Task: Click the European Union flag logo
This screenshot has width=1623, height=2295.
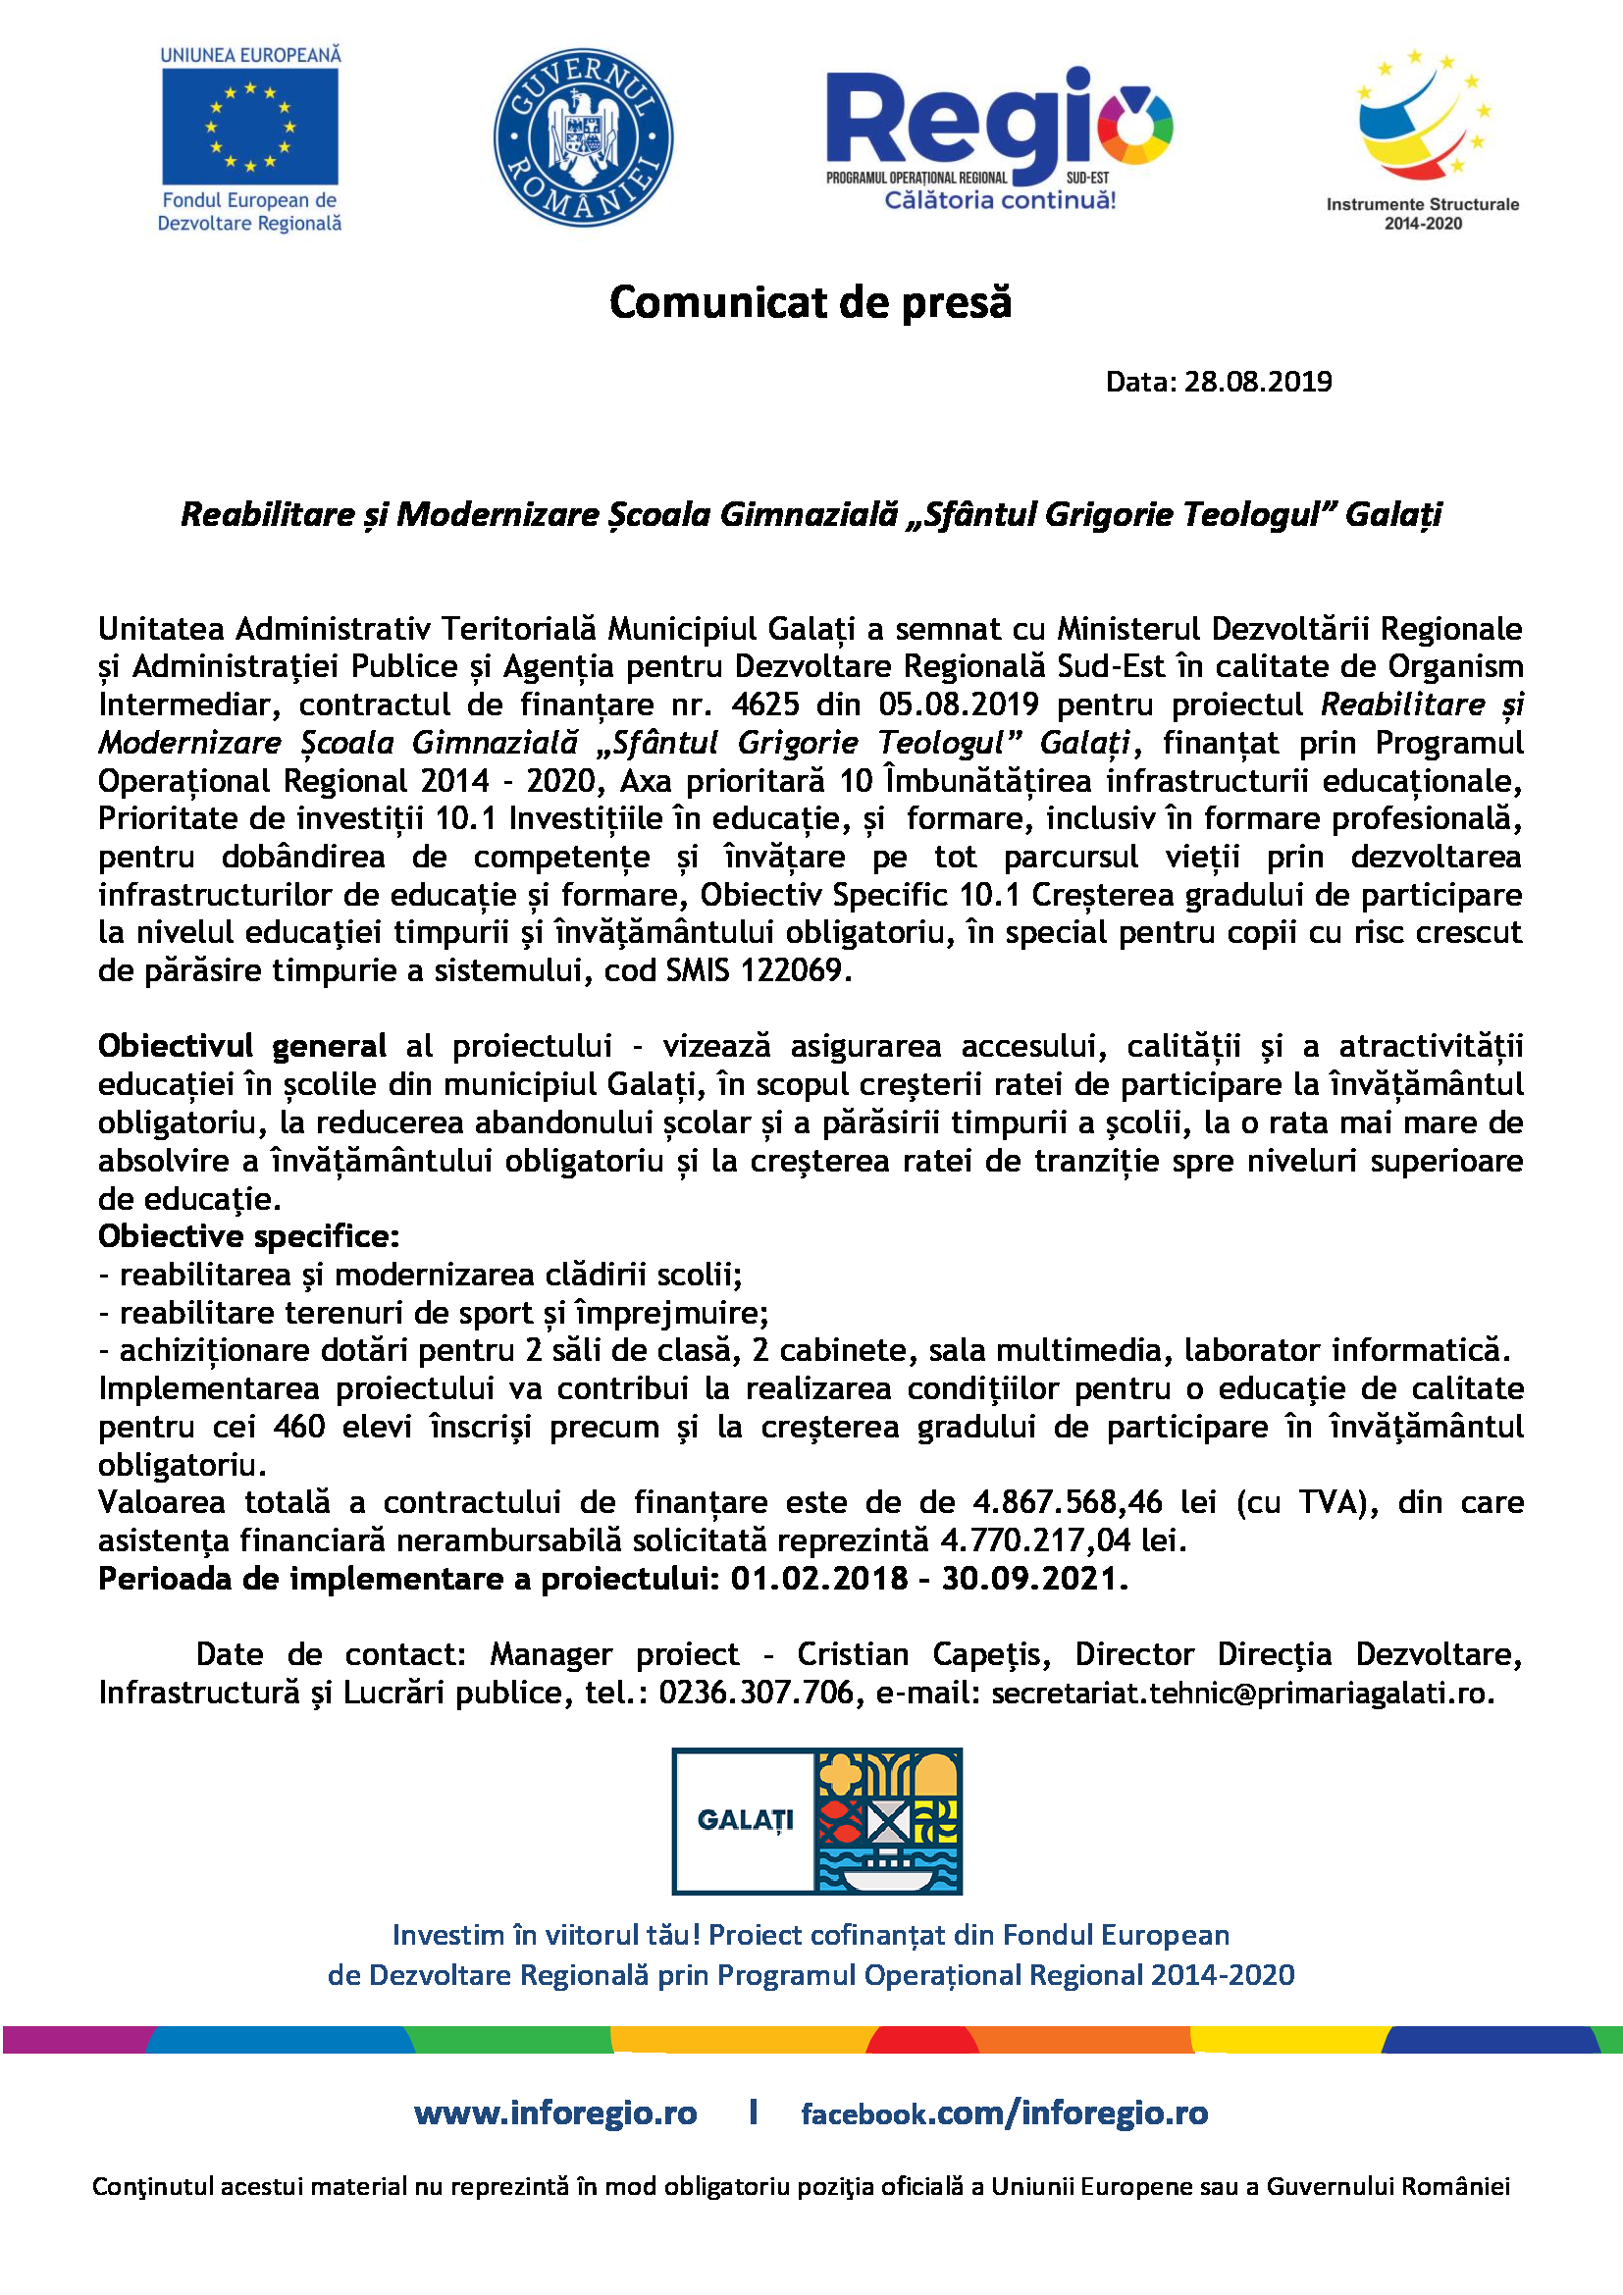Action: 249,126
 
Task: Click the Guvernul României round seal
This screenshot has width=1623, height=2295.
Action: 583,137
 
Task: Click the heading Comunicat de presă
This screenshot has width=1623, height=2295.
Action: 810,302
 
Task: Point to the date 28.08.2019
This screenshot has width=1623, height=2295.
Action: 1257,382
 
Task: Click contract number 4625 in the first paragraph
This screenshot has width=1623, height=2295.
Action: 764,704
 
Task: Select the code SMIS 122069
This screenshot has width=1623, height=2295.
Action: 757,970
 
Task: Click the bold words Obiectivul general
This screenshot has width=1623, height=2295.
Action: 241,1047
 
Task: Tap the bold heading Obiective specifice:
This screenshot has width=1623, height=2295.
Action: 248,1236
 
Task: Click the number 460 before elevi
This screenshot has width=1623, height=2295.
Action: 299,1427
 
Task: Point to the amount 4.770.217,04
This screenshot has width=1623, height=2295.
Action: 1035,1540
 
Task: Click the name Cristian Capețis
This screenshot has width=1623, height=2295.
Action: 922,1654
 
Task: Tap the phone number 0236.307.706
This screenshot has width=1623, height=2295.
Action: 757,1693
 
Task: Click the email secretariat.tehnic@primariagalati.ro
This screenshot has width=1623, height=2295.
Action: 1242,1694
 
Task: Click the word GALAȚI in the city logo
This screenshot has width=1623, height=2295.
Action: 745,1820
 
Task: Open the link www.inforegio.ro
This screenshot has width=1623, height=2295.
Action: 554,2112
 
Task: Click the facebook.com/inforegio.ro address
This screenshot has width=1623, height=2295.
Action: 1004,2113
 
